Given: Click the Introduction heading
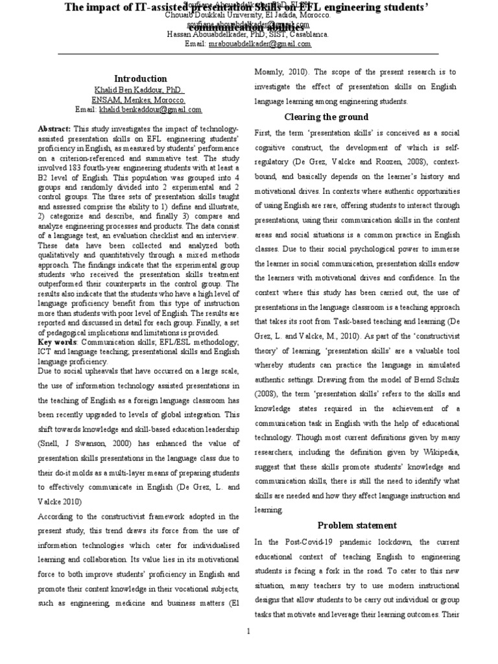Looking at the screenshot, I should click(x=141, y=78).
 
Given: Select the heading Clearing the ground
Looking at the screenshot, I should click(x=327, y=117).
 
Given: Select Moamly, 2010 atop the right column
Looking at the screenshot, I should click(x=279, y=71).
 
